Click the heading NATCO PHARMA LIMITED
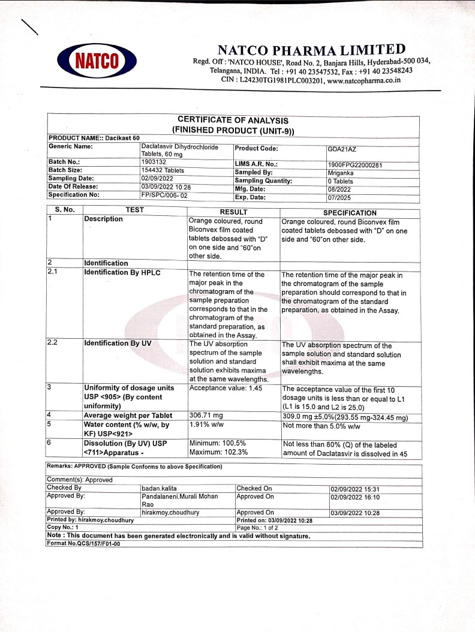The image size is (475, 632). point(311,50)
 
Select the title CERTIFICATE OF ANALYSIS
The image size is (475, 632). point(233,121)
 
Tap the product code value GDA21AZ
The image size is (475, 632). point(342,149)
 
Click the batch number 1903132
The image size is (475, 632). point(154,162)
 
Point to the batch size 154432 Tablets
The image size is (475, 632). point(163,170)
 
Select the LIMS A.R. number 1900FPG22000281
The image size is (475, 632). point(355,165)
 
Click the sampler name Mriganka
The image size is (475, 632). point(341,173)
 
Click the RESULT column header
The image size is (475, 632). point(233,212)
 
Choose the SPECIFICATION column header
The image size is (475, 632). point(350,213)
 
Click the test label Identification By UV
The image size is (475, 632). point(118,344)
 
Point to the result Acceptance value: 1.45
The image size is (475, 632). point(226,389)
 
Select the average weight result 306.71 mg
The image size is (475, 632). point(206,416)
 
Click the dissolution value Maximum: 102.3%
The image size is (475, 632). point(218,453)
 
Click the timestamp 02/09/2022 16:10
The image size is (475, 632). point(354,497)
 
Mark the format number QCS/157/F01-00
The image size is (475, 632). point(83,544)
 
